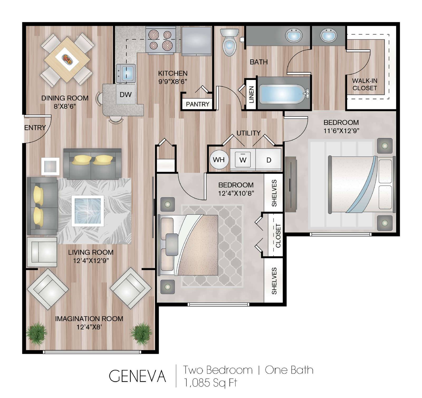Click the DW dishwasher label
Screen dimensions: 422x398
click(x=126, y=95)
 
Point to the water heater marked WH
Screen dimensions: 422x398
click(x=219, y=159)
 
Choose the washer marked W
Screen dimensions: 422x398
click(x=243, y=160)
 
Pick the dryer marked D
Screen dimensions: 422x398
click(x=268, y=160)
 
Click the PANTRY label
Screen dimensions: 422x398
click(x=198, y=104)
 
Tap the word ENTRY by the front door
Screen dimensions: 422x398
click(x=35, y=128)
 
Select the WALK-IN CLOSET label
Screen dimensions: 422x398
click(x=365, y=84)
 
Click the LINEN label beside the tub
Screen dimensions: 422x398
click(x=251, y=94)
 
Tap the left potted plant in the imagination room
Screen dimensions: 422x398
click(x=37, y=333)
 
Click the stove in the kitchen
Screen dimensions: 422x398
click(x=161, y=41)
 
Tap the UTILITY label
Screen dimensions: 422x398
click(x=248, y=133)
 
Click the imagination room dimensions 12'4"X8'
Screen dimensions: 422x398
click(x=89, y=327)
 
